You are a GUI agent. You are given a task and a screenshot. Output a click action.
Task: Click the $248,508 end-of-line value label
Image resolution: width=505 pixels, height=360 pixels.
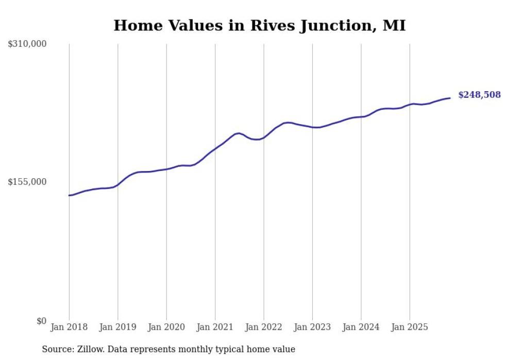479,95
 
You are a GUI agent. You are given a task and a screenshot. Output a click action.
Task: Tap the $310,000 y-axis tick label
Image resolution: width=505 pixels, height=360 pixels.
27,44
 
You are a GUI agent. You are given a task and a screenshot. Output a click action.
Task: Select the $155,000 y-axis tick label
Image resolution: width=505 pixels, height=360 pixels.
27,182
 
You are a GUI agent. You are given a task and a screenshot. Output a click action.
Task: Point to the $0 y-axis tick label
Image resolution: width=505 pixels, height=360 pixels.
41,321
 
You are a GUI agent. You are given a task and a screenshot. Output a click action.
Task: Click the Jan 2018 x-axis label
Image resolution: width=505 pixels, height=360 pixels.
69,327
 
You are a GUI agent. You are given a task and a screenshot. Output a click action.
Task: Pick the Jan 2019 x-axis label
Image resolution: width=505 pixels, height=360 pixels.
117,327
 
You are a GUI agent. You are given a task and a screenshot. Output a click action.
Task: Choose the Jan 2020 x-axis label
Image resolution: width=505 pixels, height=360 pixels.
166,327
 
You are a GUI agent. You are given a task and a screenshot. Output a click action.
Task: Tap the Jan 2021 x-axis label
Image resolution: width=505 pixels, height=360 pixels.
215,327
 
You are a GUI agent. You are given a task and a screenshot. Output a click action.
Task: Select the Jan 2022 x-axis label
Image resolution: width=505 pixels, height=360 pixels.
263,327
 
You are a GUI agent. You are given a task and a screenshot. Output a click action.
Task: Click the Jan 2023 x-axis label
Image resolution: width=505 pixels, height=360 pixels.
312,327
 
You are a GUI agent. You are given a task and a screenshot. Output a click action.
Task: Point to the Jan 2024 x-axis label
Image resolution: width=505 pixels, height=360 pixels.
361,327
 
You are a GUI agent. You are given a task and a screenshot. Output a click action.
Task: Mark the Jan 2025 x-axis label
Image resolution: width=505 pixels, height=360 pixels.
410,327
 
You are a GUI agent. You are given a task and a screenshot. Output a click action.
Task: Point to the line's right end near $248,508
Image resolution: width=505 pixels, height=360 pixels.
450,98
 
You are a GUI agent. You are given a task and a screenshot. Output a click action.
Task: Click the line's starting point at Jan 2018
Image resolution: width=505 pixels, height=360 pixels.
70,195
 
